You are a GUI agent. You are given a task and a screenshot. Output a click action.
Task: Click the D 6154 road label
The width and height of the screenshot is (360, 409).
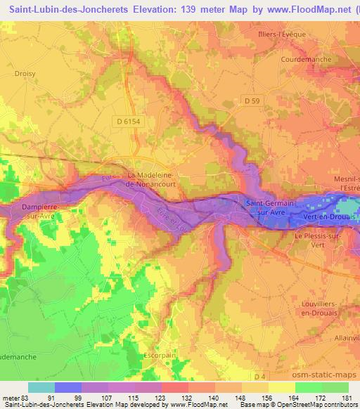pos(129,122)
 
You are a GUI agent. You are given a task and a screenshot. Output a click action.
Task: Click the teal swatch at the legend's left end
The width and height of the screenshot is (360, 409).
pos(41,387)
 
